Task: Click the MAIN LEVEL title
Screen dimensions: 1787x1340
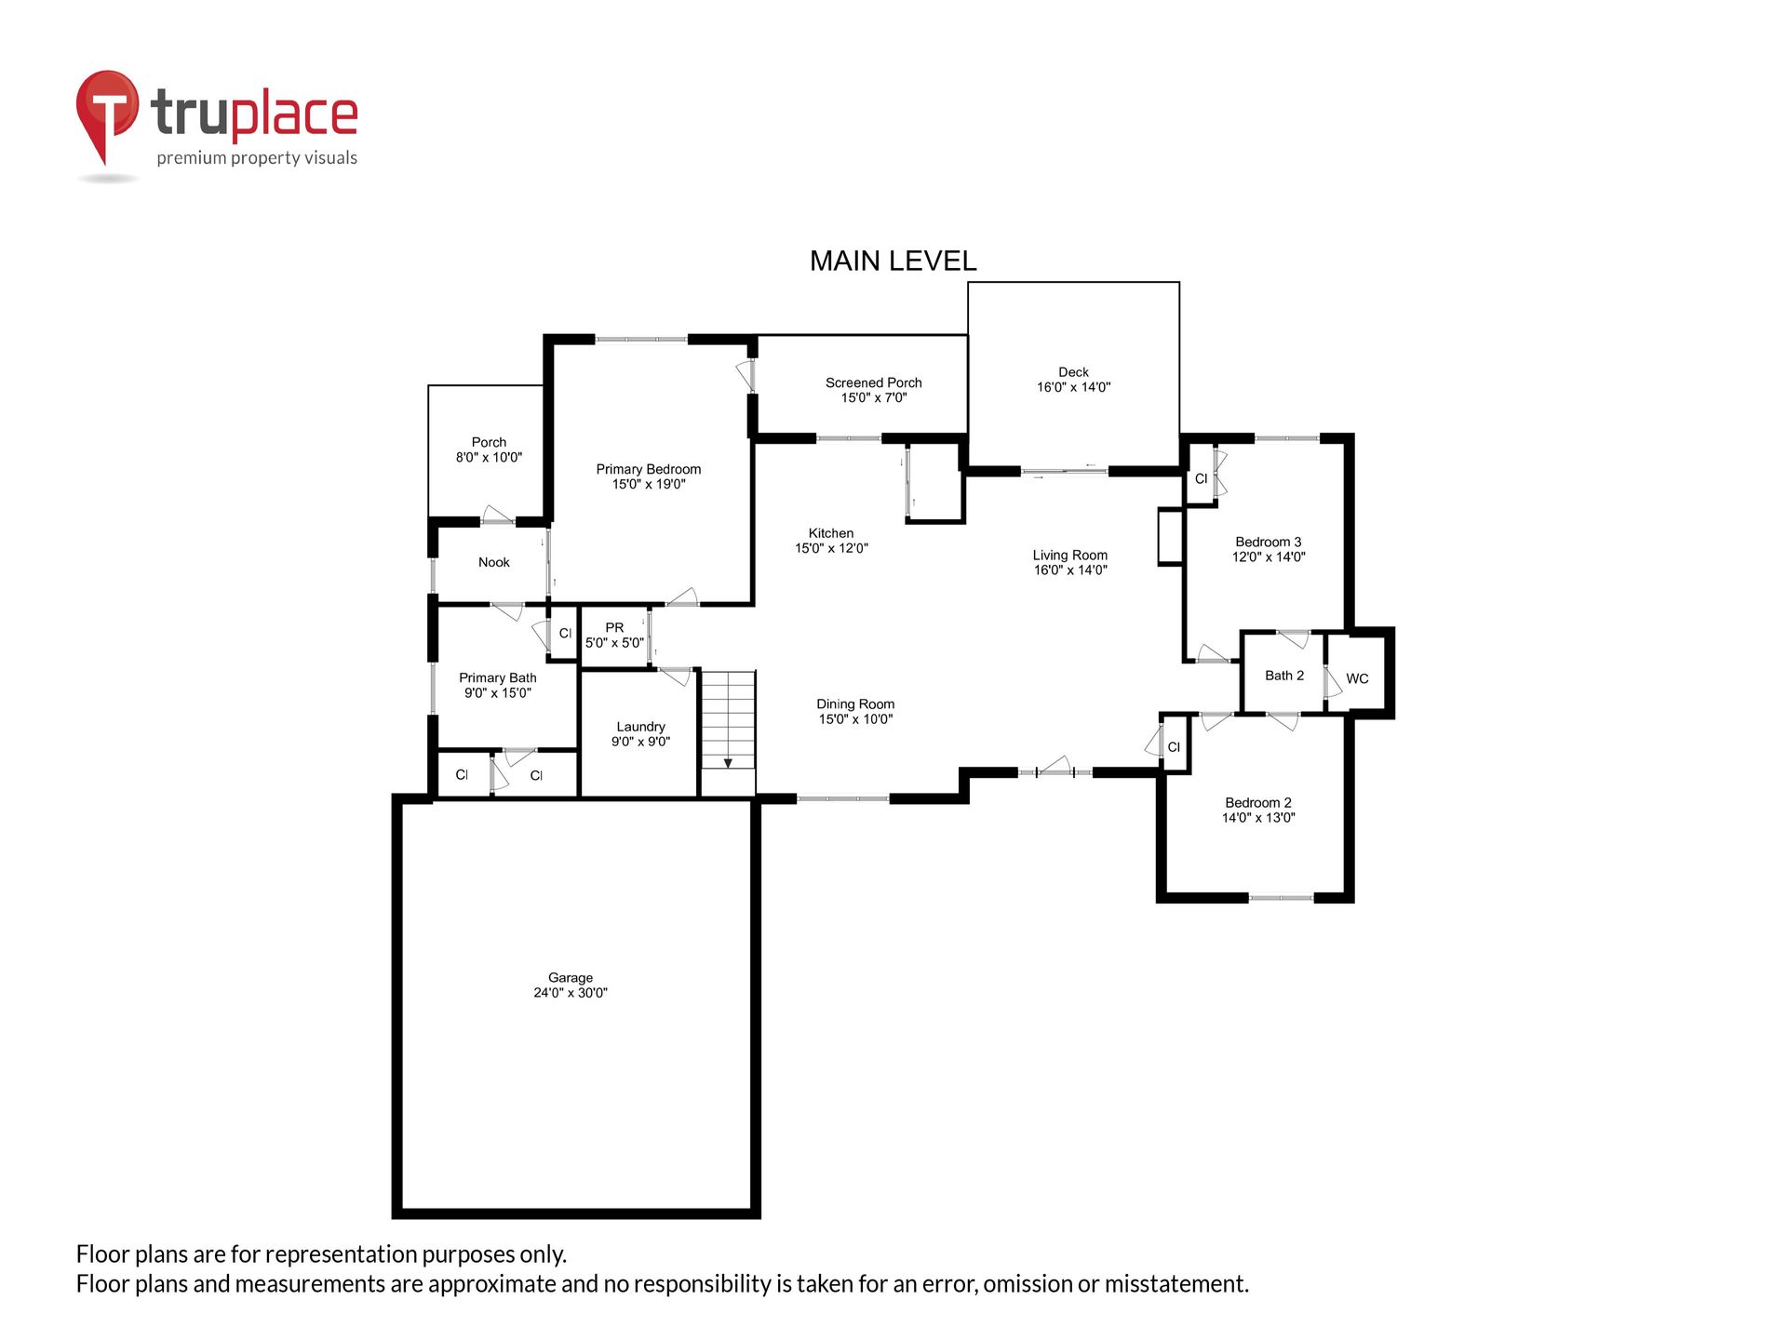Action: coord(893,261)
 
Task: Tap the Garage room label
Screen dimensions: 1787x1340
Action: coord(571,978)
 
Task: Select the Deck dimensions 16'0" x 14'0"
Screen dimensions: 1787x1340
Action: coord(1074,387)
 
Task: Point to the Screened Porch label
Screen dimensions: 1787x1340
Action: coord(874,382)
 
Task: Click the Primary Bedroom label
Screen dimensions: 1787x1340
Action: coord(649,469)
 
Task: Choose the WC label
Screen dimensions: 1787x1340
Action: coord(1357,678)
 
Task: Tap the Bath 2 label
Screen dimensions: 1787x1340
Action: coord(1284,676)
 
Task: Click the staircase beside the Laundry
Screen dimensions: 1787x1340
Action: coord(728,733)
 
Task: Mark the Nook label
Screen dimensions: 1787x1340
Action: coord(494,562)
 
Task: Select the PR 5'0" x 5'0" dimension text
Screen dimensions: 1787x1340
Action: coord(614,642)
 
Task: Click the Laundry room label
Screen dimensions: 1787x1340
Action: coord(641,727)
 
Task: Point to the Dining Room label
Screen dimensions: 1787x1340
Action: coord(855,704)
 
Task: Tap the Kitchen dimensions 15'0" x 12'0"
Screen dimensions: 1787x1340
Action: coord(831,548)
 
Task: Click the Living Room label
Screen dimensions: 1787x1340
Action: coord(1070,555)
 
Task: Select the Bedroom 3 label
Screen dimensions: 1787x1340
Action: coord(1269,542)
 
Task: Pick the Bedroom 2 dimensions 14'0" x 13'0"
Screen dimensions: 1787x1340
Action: coord(1258,818)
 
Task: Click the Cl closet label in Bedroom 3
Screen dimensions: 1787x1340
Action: coord(1201,478)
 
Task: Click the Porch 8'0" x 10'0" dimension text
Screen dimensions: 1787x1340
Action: coord(489,457)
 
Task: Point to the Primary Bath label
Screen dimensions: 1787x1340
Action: coord(498,677)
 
